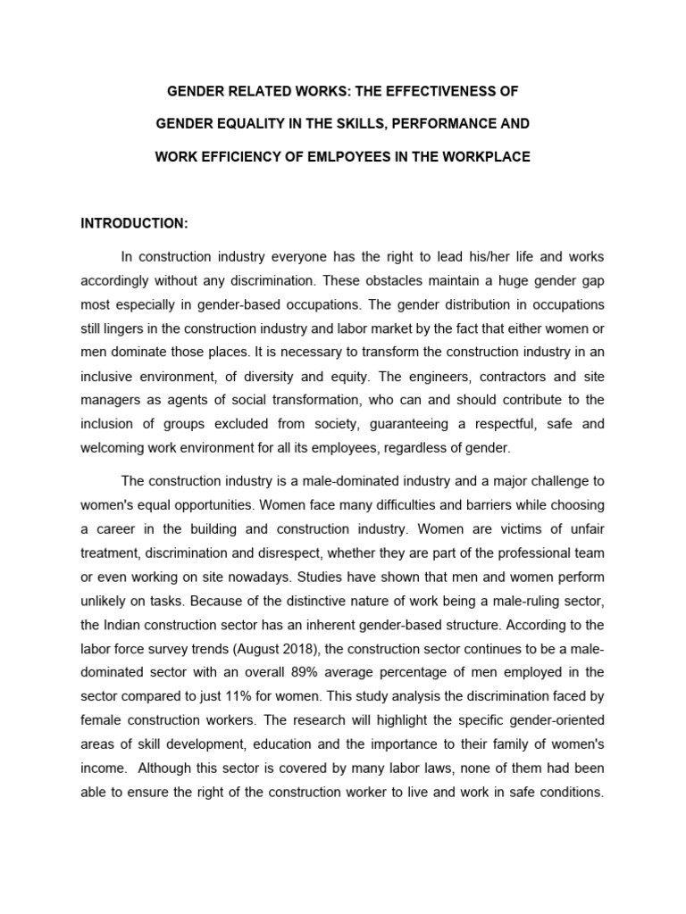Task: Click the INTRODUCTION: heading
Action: [x=135, y=222]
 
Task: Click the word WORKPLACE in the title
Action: [x=488, y=156]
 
